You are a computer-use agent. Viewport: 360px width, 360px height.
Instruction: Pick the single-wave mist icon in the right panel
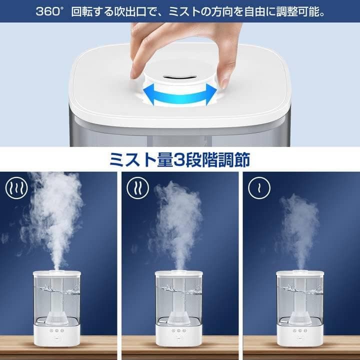click(259, 187)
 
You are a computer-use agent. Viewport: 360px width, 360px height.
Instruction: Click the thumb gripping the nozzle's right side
click(224, 80)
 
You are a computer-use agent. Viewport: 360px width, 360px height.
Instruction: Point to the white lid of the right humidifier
click(300, 273)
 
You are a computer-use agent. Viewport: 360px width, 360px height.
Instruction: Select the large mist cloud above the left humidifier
click(55, 210)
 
